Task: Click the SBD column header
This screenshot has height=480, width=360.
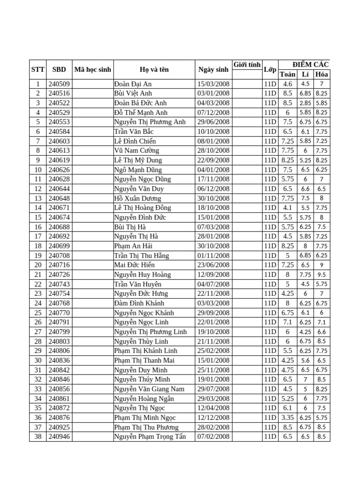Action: pos(59,69)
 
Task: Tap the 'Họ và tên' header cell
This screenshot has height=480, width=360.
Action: pos(154,69)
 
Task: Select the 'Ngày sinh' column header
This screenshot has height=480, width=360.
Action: pos(213,69)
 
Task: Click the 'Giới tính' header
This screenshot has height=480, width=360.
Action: pos(247,65)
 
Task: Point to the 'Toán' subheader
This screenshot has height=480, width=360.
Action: pos(287,74)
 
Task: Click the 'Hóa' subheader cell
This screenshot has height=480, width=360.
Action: pos(322,74)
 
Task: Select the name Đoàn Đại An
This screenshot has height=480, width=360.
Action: pos(133,84)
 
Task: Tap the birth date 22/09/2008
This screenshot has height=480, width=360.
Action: pos(213,160)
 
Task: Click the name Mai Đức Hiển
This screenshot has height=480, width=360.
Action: pos(134,265)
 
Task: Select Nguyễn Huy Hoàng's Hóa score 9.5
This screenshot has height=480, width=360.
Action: pos(322,275)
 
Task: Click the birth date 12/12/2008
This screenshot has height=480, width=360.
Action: pos(213,418)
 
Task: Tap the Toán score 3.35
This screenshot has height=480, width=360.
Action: pos(287,418)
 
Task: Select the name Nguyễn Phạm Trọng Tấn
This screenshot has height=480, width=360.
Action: pos(150,436)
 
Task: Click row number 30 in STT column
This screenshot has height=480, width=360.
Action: pos(37,360)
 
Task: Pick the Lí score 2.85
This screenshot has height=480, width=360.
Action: pos(305,103)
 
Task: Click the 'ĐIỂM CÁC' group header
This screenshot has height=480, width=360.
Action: pos(310,65)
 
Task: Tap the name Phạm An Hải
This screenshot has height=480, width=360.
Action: pos(133,246)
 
